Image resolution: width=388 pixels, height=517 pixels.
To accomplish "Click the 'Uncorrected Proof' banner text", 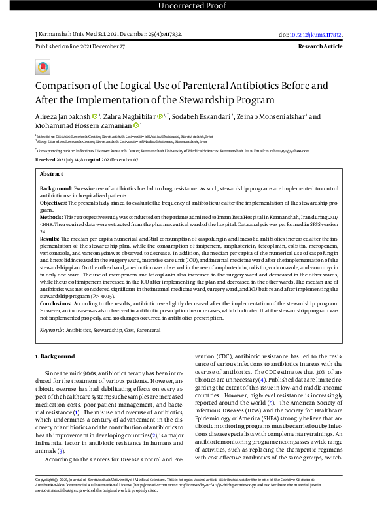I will tap(194, 7).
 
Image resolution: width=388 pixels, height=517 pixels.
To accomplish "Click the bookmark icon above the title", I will tap(43, 67).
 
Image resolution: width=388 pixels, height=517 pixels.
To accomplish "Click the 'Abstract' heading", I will tap(51, 175).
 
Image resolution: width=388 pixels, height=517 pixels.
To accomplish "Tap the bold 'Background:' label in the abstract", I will tap(52, 188).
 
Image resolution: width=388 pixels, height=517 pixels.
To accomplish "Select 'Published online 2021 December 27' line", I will tap(80, 47).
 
